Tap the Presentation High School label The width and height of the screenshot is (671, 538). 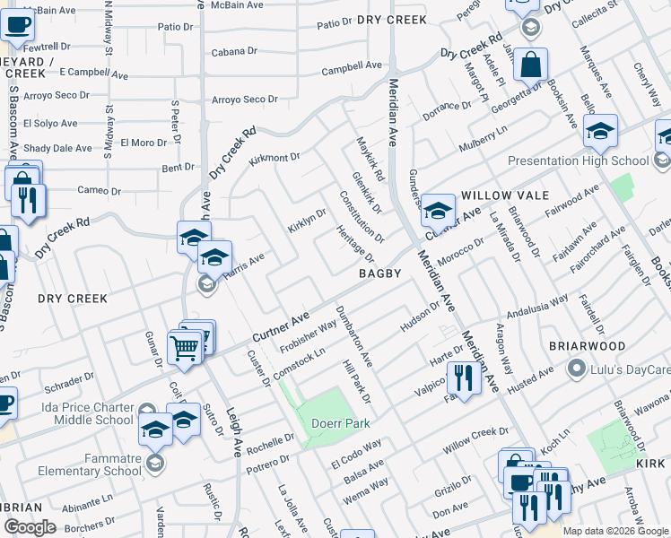577,161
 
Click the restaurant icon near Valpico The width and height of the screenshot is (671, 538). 463,377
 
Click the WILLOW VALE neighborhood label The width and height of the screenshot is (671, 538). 498,195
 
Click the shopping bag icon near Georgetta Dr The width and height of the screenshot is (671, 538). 530,65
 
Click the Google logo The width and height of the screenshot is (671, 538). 30,527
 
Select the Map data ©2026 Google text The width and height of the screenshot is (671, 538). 615,531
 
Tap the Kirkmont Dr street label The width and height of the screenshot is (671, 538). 274,157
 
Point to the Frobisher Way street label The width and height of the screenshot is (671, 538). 308,336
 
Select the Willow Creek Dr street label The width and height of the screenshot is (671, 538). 475,438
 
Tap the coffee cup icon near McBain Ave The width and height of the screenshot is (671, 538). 16,24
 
